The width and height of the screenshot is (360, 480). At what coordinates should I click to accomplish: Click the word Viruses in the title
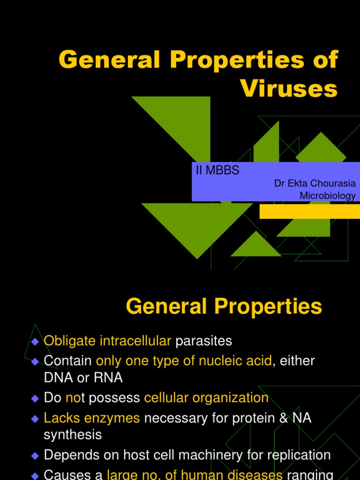click(x=289, y=88)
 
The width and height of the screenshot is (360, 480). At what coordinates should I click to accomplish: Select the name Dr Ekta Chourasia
click(x=315, y=184)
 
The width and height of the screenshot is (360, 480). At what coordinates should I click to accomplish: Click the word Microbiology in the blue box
click(x=328, y=196)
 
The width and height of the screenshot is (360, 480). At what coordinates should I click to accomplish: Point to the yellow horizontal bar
click(x=309, y=211)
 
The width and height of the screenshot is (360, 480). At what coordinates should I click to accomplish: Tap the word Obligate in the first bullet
click(x=69, y=341)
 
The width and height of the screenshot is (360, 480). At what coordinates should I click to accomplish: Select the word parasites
click(x=203, y=341)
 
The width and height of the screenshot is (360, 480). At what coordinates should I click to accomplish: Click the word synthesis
click(x=73, y=435)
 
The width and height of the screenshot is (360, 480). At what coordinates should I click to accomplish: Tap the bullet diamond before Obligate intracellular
click(x=35, y=342)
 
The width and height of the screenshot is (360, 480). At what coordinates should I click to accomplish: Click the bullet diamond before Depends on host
click(x=35, y=456)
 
